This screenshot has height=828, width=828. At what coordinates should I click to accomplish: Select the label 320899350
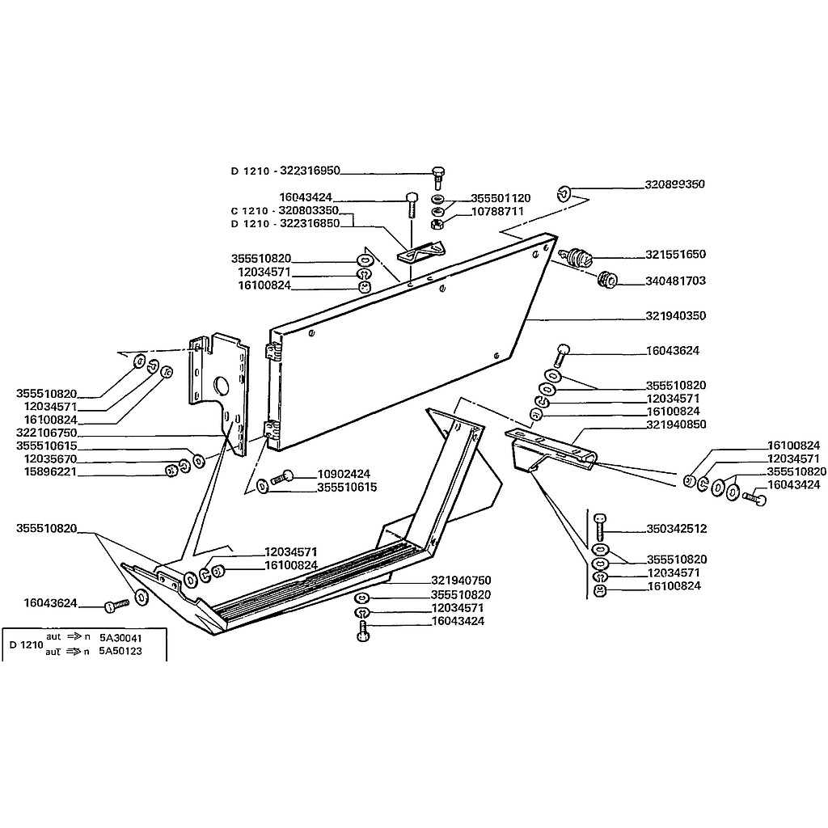point(675,184)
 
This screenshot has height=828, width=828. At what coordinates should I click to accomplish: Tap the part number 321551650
point(675,254)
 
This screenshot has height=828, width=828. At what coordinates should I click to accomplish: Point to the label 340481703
point(675,281)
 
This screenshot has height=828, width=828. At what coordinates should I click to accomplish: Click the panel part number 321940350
point(675,315)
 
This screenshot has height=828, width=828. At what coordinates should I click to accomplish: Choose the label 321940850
point(676,424)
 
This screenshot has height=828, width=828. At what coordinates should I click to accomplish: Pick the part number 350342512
point(677,529)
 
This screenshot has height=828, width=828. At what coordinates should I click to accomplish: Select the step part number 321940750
point(461,581)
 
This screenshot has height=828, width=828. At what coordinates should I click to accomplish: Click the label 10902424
point(344,473)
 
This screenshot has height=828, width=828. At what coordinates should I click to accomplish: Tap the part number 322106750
point(46,433)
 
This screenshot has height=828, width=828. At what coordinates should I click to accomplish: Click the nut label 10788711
point(497,211)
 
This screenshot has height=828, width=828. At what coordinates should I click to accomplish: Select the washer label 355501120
point(501,198)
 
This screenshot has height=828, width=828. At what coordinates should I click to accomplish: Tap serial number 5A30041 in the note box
point(120,637)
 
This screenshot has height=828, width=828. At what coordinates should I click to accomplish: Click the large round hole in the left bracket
point(220,384)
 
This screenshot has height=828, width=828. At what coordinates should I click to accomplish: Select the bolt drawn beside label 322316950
point(437,175)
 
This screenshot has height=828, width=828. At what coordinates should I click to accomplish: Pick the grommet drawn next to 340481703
point(606,281)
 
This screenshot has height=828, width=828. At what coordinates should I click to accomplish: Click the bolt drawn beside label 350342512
point(599,527)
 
